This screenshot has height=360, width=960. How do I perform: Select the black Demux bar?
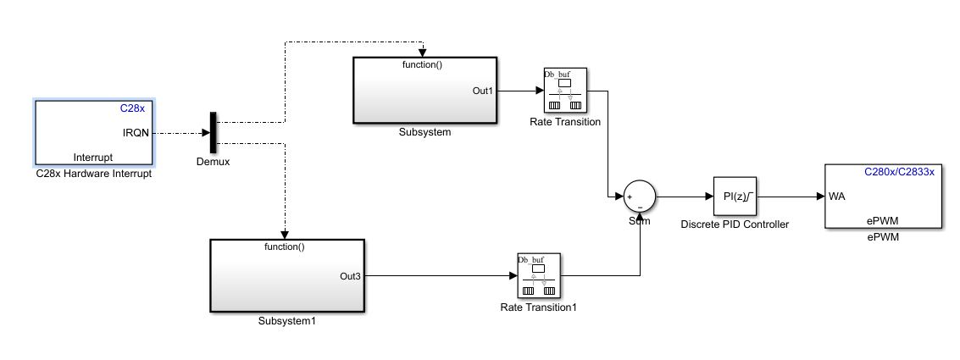click(213, 133)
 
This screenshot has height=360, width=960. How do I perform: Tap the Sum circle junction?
click(640, 197)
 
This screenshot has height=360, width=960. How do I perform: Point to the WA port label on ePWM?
click(836, 197)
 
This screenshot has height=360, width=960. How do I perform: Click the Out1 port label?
click(481, 91)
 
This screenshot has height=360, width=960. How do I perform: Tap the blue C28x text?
click(134, 108)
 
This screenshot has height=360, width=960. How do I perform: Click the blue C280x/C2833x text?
click(899, 171)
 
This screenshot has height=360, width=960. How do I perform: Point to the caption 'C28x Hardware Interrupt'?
click(93, 174)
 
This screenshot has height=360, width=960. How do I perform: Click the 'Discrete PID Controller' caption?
click(735, 224)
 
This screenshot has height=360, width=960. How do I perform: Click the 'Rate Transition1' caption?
click(538, 307)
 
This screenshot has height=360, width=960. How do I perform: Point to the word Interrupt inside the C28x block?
click(93, 158)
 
